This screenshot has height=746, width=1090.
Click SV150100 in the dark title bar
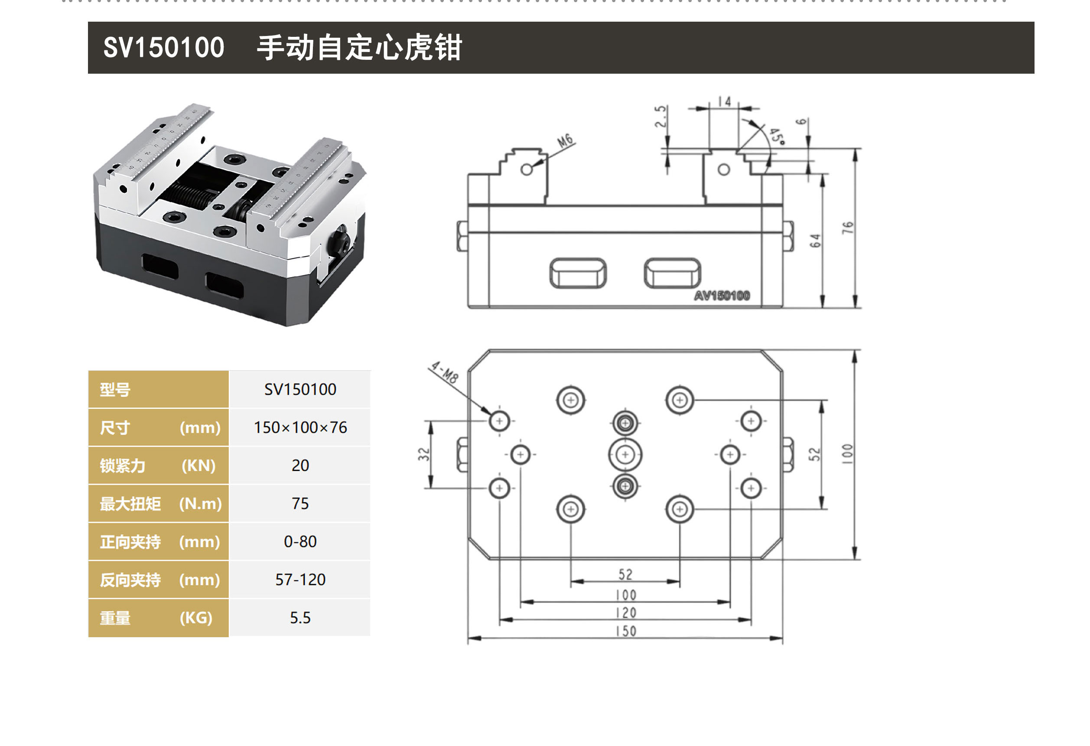pyautogui.click(x=164, y=47)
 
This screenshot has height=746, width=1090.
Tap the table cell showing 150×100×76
pyautogui.click(x=300, y=427)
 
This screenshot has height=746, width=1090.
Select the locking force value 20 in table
pyautogui.click(x=300, y=466)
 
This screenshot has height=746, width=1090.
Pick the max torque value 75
pyautogui.click(x=300, y=503)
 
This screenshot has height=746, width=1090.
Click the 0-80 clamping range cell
pyautogui.click(x=300, y=541)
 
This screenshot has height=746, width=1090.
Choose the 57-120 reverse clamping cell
pyautogui.click(x=300, y=580)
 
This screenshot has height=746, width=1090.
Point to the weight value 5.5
pyautogui.click(x=300, y=617)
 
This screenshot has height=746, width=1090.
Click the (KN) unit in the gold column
pyautogui.click(x=198, y=466)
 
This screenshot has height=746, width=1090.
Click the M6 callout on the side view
pyautogui.click(x=565, y=141)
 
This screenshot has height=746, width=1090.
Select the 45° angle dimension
pyautogui.click(x=776, y=136)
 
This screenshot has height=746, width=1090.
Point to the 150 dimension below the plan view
pyautogui.click(x=626, y=631)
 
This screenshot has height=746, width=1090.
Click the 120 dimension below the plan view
pyautogui.click(x=626, y=613)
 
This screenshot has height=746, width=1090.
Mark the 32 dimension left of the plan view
pyautogui.click(x=423, y=454)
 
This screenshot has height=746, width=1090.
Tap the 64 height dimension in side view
pyautogui.click(x=815, y=241)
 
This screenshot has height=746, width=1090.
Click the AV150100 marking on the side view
pyautogui.click(x=722, y=296)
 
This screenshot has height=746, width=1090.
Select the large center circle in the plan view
pyautogui.click(x=625, y=454)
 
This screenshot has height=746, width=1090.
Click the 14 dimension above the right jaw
pyautogui.click(x=725, y=102)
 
